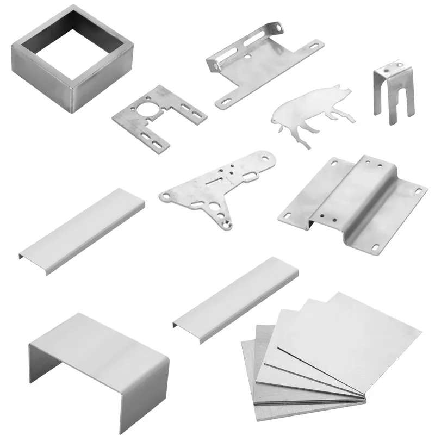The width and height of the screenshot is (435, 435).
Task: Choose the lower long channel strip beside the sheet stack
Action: pos(237,299)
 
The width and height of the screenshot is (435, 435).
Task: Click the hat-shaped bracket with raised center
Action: pos(353,201)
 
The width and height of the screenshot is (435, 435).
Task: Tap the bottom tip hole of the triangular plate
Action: pos(225,222)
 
